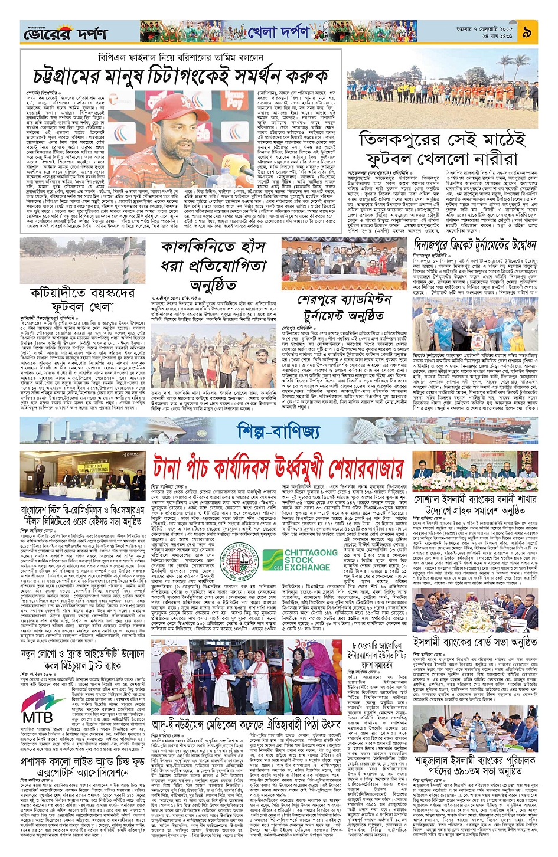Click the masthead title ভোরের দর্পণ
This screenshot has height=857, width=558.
(65, 34)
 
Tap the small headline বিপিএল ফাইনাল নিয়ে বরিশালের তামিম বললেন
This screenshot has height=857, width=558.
(181, 57)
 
